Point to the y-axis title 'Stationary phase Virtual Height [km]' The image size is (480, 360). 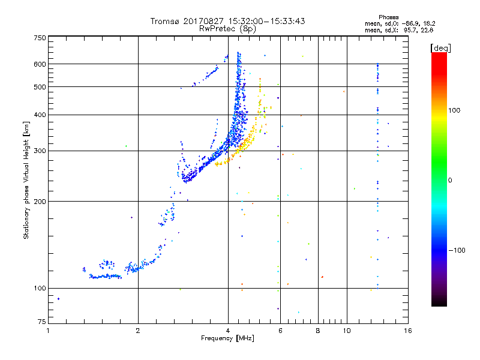coord(26,180)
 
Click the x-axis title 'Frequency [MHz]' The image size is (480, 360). coord(227,339)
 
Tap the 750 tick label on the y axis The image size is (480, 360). coord(40,37)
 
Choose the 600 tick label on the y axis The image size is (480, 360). coord(40,64)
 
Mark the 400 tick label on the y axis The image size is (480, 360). coord(40,115)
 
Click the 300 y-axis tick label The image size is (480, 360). coord(40,151)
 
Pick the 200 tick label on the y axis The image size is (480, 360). coord(40,202)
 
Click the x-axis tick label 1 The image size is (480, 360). coord(48,331)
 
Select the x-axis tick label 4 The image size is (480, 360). coord(228,331)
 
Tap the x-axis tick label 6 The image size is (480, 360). coord(280,331)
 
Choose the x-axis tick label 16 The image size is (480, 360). coord(407,331)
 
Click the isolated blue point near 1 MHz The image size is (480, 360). coord(58,298)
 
